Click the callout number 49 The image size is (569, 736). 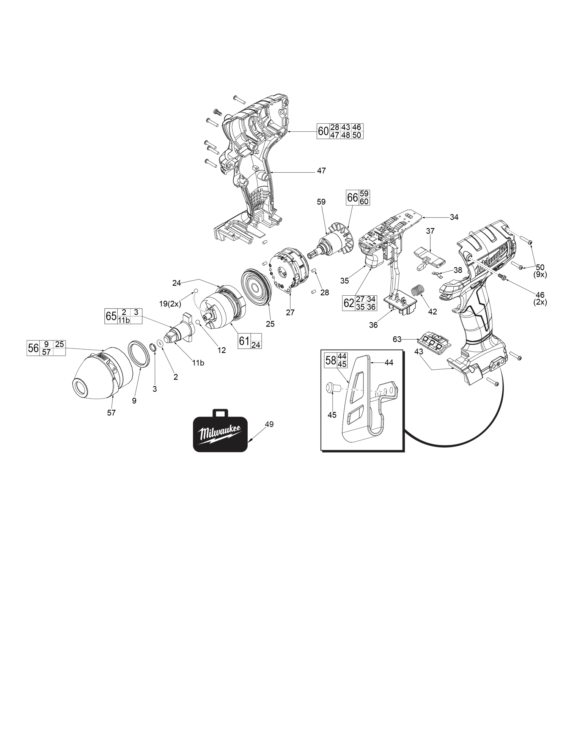269,424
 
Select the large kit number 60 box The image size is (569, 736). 323,131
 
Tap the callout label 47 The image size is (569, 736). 321,171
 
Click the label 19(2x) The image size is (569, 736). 170,304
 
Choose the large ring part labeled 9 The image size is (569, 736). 138,354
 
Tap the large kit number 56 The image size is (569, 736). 33,348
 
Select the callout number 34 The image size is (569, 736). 454,217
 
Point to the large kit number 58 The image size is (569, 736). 331,360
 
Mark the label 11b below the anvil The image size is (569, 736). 198,363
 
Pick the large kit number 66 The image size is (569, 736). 353,197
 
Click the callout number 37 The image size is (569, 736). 430,231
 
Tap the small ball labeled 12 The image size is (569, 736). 198,322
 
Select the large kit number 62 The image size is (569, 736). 349,303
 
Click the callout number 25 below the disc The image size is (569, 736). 270,324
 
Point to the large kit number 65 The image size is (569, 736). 111,316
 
